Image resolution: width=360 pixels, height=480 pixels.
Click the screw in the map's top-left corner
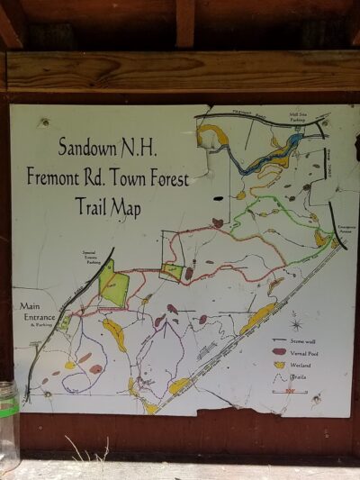pos(43,122)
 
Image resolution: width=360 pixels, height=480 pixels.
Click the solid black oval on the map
pos(218,197)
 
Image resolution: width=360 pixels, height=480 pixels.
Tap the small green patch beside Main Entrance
pos(65,322)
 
